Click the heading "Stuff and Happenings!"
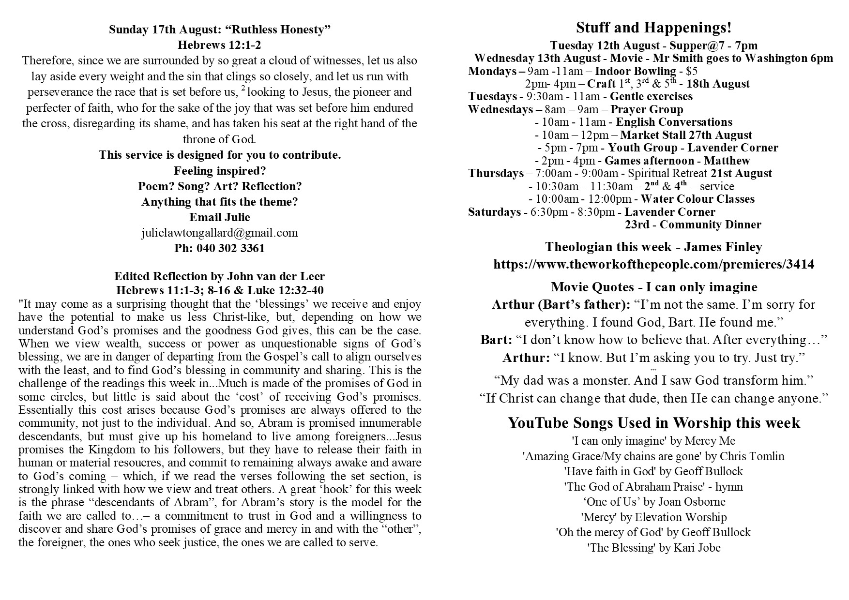click(653, 28)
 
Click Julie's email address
click(219, 233)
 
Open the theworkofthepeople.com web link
click(653, 264)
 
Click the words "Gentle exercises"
click(651, 96)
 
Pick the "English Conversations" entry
click(674, 122)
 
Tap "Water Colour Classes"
click(697, 199)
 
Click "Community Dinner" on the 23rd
click(710, 225)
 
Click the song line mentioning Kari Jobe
click(653, 548)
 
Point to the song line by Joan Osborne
click(653, 502)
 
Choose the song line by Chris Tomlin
click(653, 456)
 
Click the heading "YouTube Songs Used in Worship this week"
click(653, 423)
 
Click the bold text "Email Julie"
click(219, 217)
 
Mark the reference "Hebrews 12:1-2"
click(219, 45)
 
